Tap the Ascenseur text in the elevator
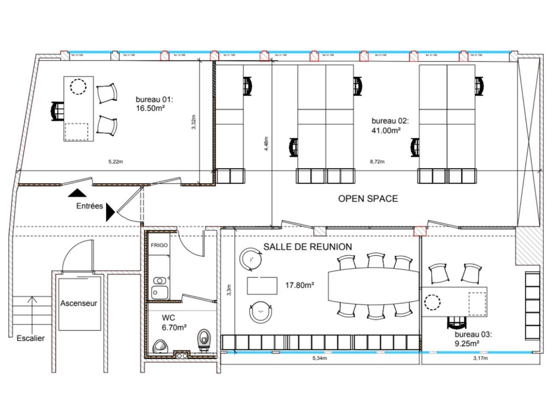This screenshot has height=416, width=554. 79,303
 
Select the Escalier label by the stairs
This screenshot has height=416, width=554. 30,338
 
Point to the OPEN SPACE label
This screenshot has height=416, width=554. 367,199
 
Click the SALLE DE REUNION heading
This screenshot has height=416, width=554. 308,247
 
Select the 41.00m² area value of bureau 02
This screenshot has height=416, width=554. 386,130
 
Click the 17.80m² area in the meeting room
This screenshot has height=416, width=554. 300,285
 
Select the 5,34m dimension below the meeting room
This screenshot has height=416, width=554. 319,358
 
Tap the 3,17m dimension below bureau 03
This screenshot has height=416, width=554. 480,358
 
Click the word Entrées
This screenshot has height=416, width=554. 90,206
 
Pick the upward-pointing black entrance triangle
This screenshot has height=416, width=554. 77,194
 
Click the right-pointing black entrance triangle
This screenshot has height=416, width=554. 110,212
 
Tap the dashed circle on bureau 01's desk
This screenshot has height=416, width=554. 79,87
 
